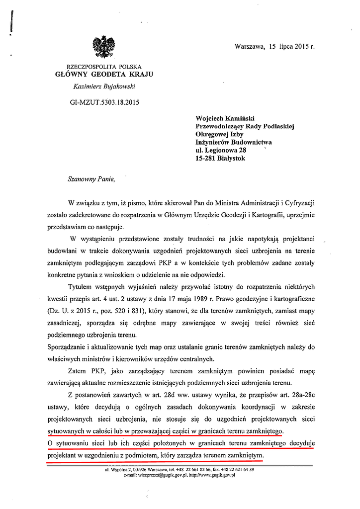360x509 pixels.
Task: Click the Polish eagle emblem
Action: point(103,47)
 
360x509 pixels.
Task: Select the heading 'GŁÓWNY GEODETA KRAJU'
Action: point(104,75)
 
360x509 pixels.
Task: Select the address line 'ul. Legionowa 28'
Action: point(222,150)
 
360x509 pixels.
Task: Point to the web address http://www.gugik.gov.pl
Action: point(210,475)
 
